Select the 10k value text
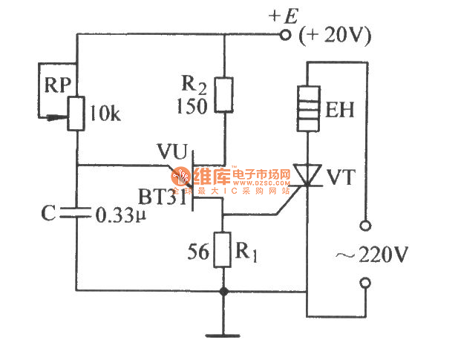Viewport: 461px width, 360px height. (x=105, y=114)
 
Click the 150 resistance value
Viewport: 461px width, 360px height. (x=191, y=105)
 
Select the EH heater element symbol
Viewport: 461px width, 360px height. (x=307, y=110)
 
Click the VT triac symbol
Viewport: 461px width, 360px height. (x=307, y=176)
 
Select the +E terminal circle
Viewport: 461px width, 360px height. (x=284, y=34)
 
